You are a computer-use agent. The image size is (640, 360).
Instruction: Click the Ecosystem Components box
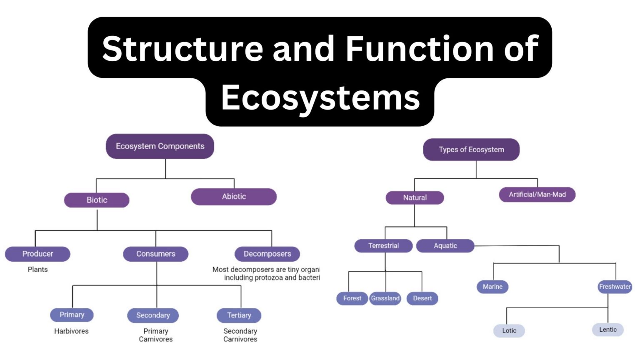(x=160, y=146)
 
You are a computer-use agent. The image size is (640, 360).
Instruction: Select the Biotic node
(x=97, y=200)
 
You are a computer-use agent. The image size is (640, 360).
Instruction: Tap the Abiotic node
(x=234, y=197)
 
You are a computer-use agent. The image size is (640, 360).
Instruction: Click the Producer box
(x=37, y=254)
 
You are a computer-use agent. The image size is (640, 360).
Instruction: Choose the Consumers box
(x=156, y=254)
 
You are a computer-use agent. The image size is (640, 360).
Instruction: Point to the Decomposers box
(x=267, y=254)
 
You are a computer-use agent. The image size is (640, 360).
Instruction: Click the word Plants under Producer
(x=37, y=270)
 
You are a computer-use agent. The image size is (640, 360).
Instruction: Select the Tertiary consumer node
(x=239, y=315)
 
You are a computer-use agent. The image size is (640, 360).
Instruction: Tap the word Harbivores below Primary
(x=71, y=331)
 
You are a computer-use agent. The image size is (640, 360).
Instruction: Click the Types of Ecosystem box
(x=471, y=150)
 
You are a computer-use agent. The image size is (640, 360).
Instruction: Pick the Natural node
(x=415, y=197)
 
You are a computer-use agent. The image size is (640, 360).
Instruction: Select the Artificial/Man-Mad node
(x=537, y=195)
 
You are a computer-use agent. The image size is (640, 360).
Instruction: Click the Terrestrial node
(x=383, y=246)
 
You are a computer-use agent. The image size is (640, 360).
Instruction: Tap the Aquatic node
(x=445, y=246)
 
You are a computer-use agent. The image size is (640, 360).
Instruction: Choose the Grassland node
(x=385, y=298)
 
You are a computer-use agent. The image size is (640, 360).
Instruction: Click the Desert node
(x=422, y=298)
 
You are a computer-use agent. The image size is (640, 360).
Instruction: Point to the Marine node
(x=492, y=287)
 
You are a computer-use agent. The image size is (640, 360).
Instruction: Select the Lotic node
(x=509, y=331)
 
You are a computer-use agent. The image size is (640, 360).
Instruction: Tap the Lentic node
(x=607, y=330)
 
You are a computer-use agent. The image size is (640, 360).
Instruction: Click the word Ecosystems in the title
(x=320, y=98)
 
